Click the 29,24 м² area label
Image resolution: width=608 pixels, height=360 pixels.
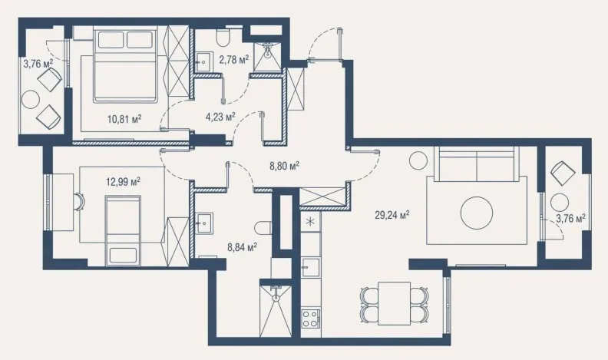(392, 215)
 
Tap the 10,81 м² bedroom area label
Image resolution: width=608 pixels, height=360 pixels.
(124, 118)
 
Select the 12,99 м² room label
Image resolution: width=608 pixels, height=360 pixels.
(123, 181)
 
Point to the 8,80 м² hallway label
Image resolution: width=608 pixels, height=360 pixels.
(284, 167)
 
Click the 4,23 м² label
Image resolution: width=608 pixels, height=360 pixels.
(220, 116)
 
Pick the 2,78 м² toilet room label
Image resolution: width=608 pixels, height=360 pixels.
(233, 60)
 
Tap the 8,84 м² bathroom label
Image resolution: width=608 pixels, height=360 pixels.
(243, 247)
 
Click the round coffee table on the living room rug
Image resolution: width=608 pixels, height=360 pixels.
(477, 213)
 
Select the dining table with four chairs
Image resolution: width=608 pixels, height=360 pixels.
(395, 303)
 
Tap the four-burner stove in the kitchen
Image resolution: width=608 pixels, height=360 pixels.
(311, 318)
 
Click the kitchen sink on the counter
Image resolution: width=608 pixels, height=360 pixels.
(311, 267)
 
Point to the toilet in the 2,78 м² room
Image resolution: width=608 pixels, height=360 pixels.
(223, 38)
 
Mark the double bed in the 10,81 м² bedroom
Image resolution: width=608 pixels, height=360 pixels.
(125, 66)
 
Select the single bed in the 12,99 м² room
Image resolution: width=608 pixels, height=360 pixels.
(123, 230)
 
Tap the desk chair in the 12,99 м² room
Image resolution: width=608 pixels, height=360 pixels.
(79, 202)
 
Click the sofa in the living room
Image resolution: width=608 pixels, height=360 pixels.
(477, 163)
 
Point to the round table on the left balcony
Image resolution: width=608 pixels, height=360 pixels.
(31, 100)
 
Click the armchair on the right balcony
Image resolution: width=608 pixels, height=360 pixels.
(563, 173)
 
